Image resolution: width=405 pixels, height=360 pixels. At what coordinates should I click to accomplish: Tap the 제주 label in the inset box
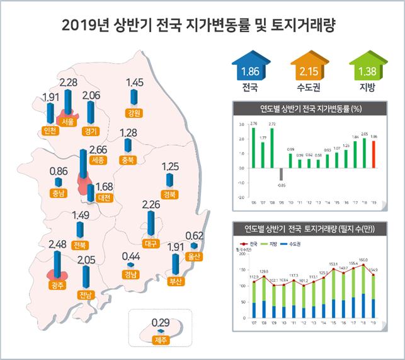pos(161,340)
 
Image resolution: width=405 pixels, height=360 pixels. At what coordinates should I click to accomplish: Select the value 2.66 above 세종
pos(99,149)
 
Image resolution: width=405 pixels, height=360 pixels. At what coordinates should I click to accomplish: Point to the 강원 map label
pos(133,114)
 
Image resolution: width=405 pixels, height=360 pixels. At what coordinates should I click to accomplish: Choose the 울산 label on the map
pos(194,257)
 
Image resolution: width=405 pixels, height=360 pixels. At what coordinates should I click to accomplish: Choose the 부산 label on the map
pos(176,281)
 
